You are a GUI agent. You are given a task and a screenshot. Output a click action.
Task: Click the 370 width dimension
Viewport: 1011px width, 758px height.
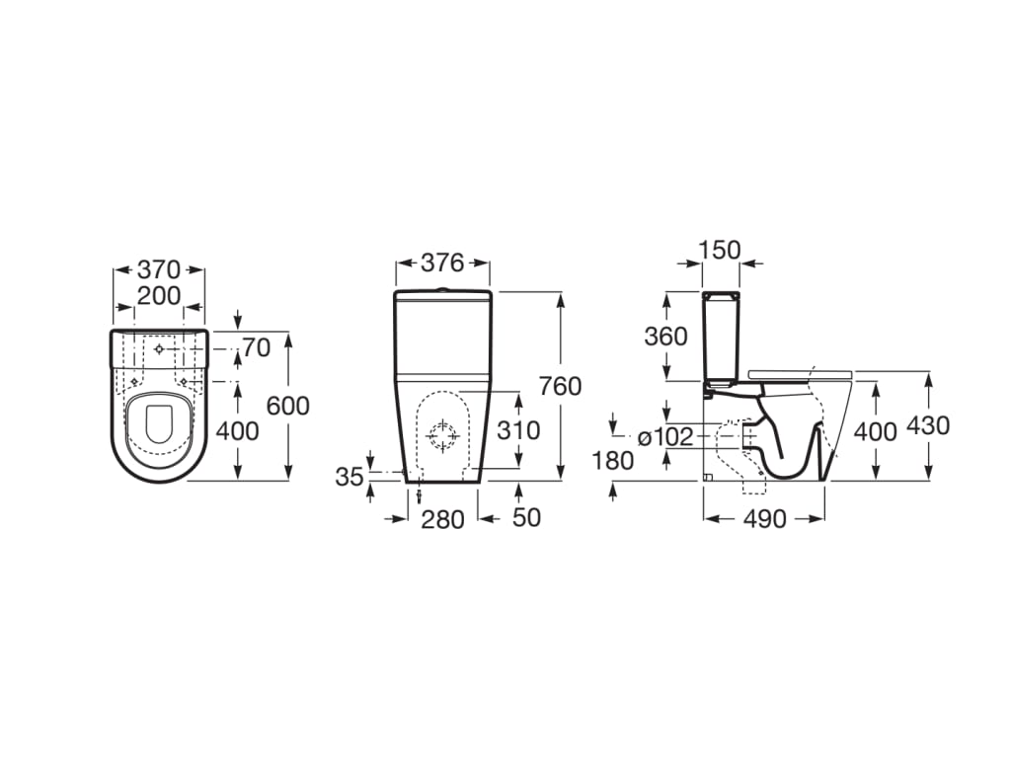pyautogui.click(x=159, y=269)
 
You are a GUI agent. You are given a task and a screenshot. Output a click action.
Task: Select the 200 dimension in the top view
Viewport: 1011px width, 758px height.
pyautogui.click(x=159, y=296)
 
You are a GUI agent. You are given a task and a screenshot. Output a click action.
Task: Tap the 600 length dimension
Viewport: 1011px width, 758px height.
pyautogui.click(x=287, y=406)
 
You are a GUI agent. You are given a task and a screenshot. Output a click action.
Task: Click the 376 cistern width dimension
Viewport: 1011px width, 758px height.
pyautogui.click(x=442, y=263)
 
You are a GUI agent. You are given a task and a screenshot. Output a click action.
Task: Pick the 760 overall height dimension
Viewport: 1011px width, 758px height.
pyautogui.click(x=561, y=386)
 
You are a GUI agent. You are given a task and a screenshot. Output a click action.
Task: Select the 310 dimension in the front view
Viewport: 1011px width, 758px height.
pyautogui.click(x=518, y=430)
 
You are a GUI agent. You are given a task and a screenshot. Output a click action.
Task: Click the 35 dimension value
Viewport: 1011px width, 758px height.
pyautogui.click(x=350, y=477)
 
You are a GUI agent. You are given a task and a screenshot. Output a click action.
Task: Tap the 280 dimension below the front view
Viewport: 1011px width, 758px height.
pyautogui.click(x=442, y=519)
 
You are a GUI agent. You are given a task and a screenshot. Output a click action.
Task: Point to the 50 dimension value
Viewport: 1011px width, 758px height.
pyautogui.click(x=526, y=517)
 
